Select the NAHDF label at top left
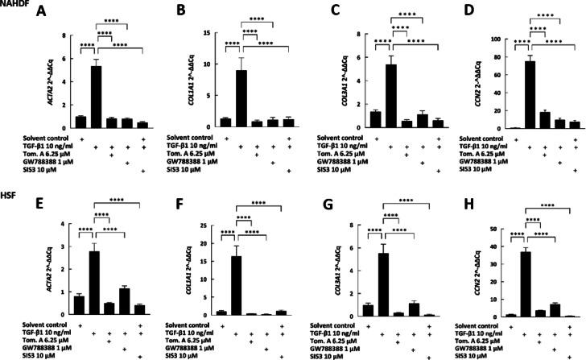click(x=14, y=6)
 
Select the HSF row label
click(x=8, y=184)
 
